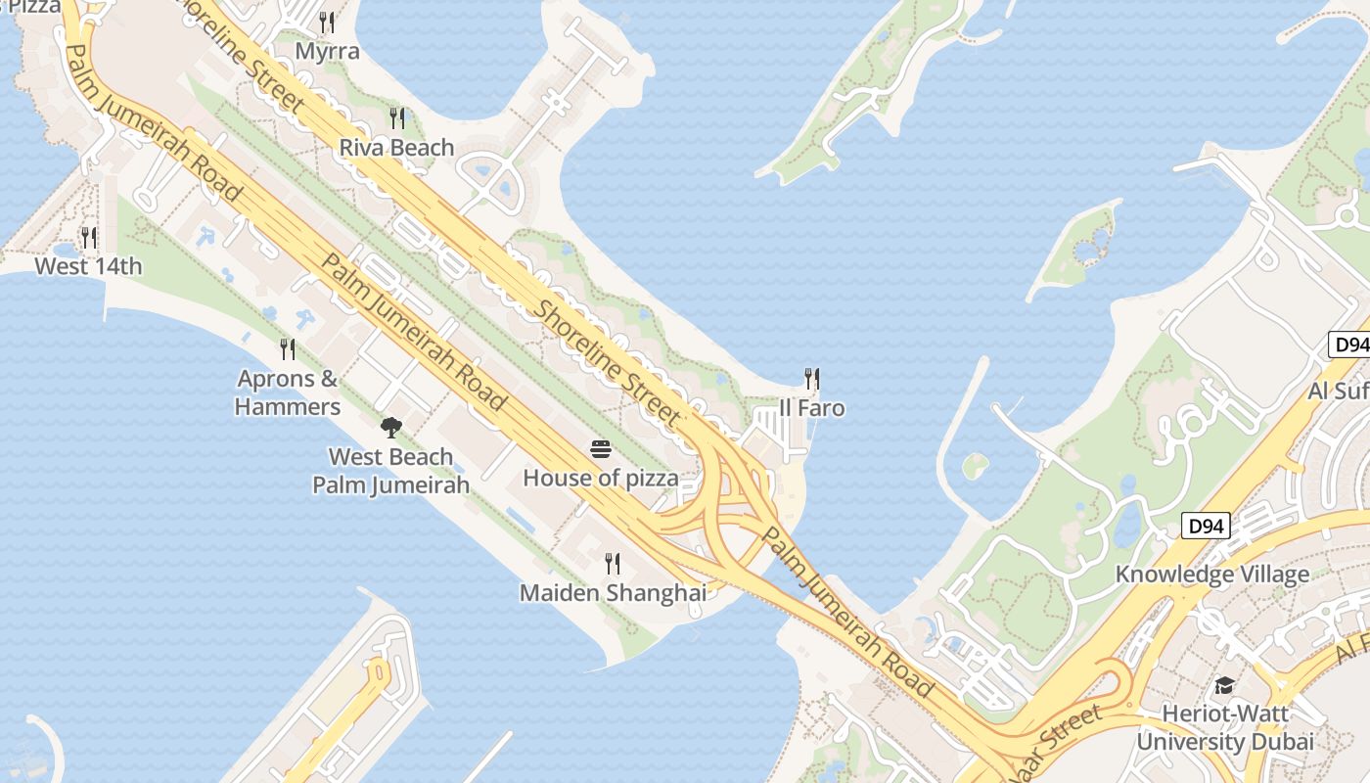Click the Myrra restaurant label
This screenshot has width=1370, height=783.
pos(327,51)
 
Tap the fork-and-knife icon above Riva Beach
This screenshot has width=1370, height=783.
pos(396,118)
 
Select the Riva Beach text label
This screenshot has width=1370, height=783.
pos(396,148)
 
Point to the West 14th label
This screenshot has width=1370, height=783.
pos(88,266)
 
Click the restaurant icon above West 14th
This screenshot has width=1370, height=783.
pos(88,238)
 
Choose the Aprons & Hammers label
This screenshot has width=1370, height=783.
pos(288,392)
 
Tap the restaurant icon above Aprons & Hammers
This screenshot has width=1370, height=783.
pos(288,349)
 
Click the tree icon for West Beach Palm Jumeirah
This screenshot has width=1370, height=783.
pos(390,427)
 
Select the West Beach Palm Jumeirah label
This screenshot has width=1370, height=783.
pos(390,470)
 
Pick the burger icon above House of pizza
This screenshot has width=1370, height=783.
pos(601,450)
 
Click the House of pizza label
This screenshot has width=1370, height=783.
pos(601,479)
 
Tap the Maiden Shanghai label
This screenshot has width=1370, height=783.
pos(613,593)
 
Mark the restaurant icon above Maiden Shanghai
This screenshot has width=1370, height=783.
pos(613,564)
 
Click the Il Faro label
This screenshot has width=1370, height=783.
pos(811,408)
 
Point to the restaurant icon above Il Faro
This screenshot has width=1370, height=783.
pos(811,379)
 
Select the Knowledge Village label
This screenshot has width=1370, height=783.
pos(1212,575)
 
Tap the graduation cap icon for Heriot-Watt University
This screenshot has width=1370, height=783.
pos(1224,685)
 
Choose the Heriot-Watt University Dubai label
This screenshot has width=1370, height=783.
pos(1224,727)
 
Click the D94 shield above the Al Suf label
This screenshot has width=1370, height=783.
pos(1350,345)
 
